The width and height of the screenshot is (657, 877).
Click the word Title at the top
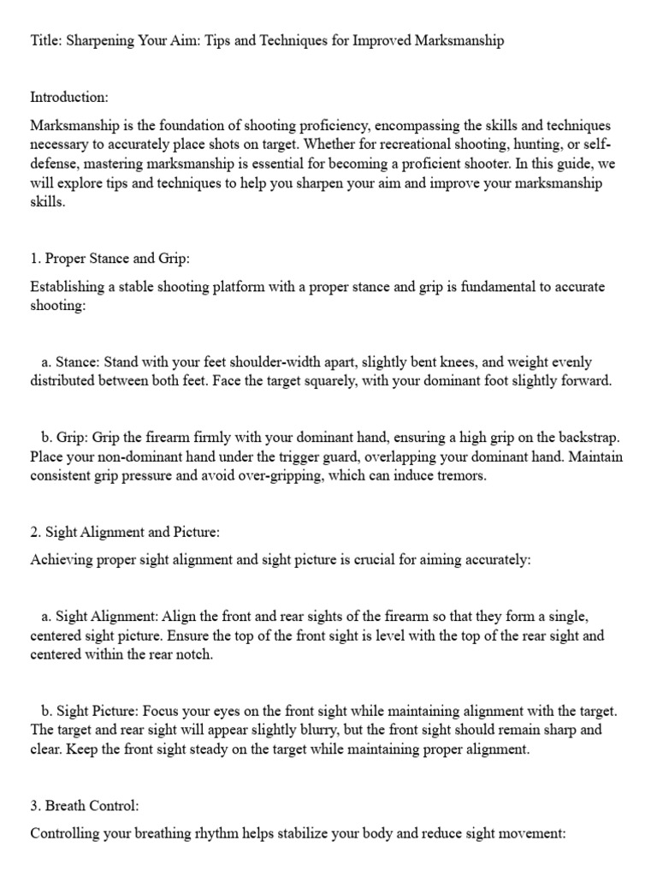(x=44, y=41)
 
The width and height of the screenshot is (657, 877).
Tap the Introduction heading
(x=68, y=98)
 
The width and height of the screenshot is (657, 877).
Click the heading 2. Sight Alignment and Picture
(x=125, y=532)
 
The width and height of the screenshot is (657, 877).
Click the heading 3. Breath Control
(x=84, y=806)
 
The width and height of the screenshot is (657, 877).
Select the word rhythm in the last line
(x=202, y=832)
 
